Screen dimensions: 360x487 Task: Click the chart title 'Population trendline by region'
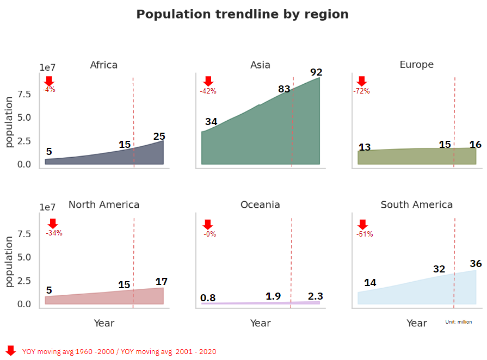click(242, 14)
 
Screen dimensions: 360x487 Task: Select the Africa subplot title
click(103, 65)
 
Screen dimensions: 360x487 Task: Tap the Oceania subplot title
click(260, 205)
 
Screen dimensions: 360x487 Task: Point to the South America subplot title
click(416, 205)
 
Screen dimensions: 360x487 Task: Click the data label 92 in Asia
click(316, 72)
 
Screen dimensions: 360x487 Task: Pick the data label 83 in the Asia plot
click(284, 89)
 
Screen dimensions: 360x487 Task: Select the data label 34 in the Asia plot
click(211, 122)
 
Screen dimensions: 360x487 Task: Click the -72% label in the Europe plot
click(361, 91)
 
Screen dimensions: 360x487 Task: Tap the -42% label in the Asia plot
click(208, 91)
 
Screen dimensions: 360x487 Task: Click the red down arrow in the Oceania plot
click(207, 225)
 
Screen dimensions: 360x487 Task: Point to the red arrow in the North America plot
click(52, 224)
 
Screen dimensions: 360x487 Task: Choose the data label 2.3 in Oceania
click(315, 296)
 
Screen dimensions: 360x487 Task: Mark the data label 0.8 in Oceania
click(208, 298)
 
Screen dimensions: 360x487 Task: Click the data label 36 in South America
click(476, 264)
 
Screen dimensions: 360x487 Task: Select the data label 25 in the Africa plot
click(159, 136)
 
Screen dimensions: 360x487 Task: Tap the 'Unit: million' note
click(458, 322)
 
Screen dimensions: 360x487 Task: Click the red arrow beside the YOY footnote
click(10, 350)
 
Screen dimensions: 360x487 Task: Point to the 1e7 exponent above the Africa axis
click(47, 67)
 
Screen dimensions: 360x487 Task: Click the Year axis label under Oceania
click(260, 323)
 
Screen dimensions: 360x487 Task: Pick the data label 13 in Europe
click(365, 147)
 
